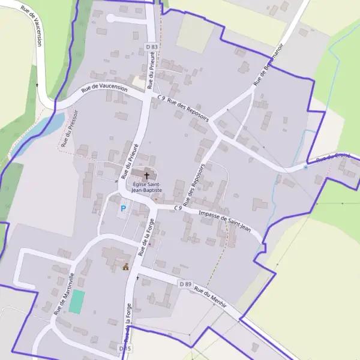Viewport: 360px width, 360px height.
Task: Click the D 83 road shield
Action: [152, 47]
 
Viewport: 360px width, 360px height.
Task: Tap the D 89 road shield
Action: [185, 283]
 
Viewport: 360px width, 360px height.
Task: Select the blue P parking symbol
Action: [124, 209]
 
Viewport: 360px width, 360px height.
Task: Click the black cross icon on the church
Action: [146, 175]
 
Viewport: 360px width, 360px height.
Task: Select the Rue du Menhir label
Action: [211, 296]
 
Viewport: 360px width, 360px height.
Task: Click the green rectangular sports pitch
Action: [76, 301]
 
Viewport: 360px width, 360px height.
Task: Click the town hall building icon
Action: [126, 267]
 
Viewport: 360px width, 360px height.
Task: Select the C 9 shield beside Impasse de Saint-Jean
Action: [178, 208]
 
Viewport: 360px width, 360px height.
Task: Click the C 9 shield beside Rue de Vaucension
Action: [161, 97]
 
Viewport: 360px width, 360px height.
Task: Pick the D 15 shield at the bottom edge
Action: [124, 349]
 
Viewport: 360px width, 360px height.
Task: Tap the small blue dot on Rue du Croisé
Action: [305, 167]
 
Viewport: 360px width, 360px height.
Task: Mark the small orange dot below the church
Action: [155, 199]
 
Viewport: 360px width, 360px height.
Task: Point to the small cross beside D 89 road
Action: [137, 278]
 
